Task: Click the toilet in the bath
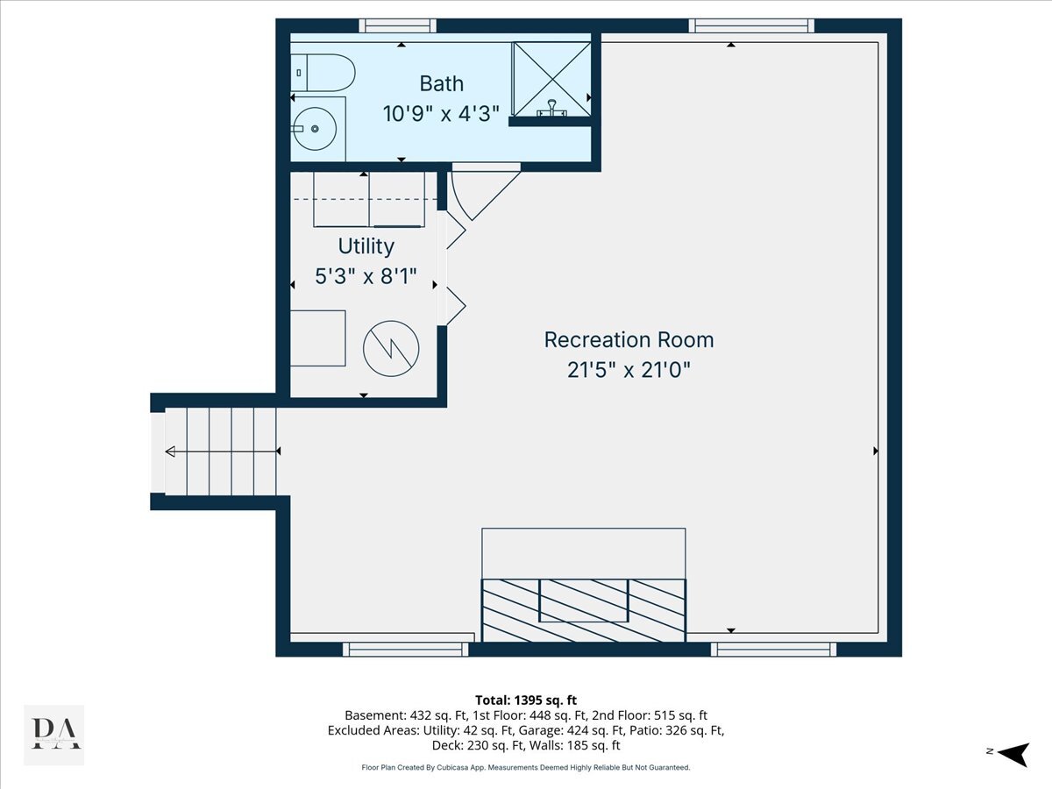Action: (323, 73)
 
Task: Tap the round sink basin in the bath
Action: (315, 129)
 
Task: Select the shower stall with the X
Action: (551, 79)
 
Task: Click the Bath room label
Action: (442, 84)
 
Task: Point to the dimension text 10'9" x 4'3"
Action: (441, 114)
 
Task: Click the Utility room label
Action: (366, 246)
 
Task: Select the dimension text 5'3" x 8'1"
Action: (366, 276)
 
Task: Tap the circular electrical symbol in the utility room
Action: (391, 348)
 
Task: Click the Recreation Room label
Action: (629, 340)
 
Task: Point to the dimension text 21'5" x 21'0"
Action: (629, 370)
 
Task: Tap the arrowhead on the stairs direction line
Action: (170, 451)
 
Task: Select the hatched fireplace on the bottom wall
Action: (584, 610)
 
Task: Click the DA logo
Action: (54, 735)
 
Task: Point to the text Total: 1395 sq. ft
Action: (526, 700)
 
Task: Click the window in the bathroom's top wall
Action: (398, 25)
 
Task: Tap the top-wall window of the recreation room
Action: (751, 25)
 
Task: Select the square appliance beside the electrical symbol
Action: (317, 338)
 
